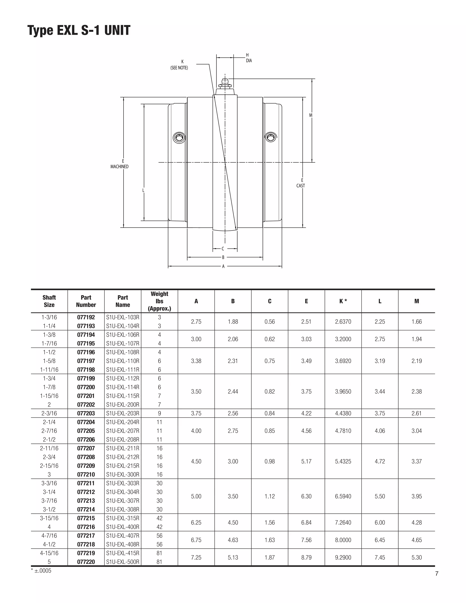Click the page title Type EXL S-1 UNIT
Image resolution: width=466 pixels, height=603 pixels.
(x=79, y=30)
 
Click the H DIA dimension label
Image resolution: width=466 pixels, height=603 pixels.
(x=249, y=58)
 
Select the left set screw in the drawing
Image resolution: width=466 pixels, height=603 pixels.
(x=179, y=137)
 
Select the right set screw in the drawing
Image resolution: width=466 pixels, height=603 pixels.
(x=271, y=137)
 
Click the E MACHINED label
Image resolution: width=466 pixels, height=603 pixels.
(x=119, y=164)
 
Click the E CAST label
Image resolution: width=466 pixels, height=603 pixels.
(x=301, y=183)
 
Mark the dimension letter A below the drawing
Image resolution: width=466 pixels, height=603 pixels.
(x=223, y=266)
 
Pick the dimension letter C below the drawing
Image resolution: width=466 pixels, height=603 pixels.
(x=223, y=249)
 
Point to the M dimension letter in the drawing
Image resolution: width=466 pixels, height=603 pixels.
(x=311, y=115)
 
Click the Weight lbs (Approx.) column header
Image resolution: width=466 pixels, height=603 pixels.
(x=159, y=301)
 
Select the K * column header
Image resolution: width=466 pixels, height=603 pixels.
(x=343, y=301)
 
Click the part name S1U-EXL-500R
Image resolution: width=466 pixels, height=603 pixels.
(x=123, y=562)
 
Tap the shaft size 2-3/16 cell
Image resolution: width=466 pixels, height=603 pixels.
(x=49, y=413)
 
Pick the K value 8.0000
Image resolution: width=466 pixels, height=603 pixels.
(x=343, y=540)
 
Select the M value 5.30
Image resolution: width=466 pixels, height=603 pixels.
(x=417, y=557)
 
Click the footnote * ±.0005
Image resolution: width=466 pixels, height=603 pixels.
(x=41, y=571)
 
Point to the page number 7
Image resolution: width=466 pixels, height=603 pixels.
(x=437, y=574)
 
